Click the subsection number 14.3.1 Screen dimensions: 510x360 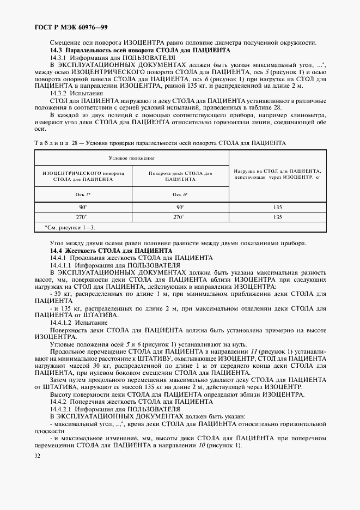(x=58, y=57)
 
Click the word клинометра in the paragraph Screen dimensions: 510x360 (x=309, y=116)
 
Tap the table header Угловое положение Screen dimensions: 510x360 (x=132, y=157)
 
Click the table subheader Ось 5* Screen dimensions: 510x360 (x=83, y=194)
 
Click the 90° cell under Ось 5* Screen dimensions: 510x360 (x=83, y=207)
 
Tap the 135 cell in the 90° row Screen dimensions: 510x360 (x=277, y=207)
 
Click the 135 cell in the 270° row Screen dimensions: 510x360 (x=277, y=217)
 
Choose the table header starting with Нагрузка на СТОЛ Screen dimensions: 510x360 (x=277, y=174)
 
